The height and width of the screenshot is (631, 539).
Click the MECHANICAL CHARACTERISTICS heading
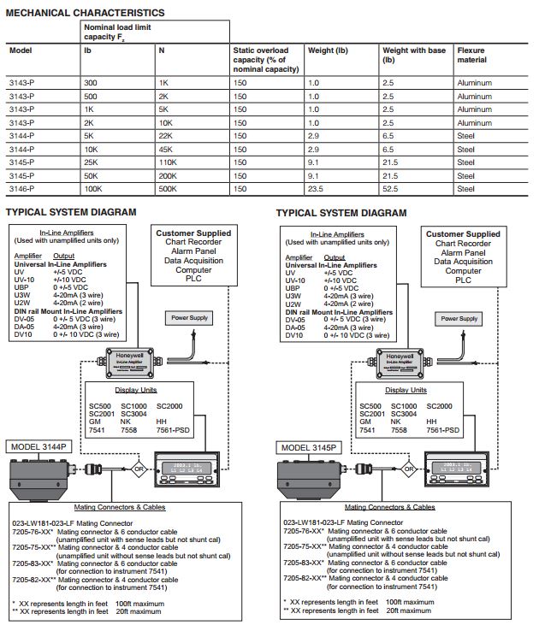point(85,13)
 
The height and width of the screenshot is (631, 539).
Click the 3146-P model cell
point(21,188)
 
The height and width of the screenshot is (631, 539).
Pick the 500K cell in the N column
point(168,188)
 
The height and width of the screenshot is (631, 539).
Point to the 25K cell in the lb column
point(91,162)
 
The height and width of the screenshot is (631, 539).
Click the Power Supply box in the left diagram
point(189,317)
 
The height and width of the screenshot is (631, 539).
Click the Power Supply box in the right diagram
point(459,318)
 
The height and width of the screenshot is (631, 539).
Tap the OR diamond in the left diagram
point(138,469)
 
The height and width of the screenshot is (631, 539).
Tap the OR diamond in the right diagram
point(409,469)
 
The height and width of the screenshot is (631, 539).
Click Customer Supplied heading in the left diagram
point(193,233)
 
